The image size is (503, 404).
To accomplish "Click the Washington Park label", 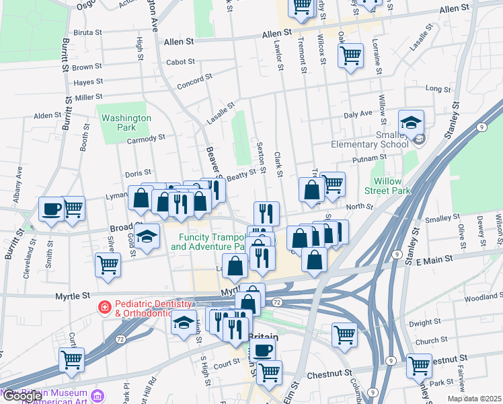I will coord(126,123).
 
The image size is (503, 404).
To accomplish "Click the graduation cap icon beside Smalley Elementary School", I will coord(411,123).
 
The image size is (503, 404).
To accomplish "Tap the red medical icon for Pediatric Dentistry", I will coord(104,308).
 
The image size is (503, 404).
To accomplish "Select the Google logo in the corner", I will coord(22,397).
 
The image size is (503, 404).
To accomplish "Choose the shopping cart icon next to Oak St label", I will coord(351,55).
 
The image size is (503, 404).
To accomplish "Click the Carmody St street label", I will coord(146,138).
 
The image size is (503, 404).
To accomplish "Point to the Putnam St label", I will coord(366,160).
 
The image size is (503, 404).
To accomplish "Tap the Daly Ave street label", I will coord(358,115).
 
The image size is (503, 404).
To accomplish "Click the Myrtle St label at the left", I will coord(75,296).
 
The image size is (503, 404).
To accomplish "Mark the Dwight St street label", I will coord(423,323).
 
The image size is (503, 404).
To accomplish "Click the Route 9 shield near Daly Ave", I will coord(481,127).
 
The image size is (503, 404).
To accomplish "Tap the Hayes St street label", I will coord(89,82).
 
